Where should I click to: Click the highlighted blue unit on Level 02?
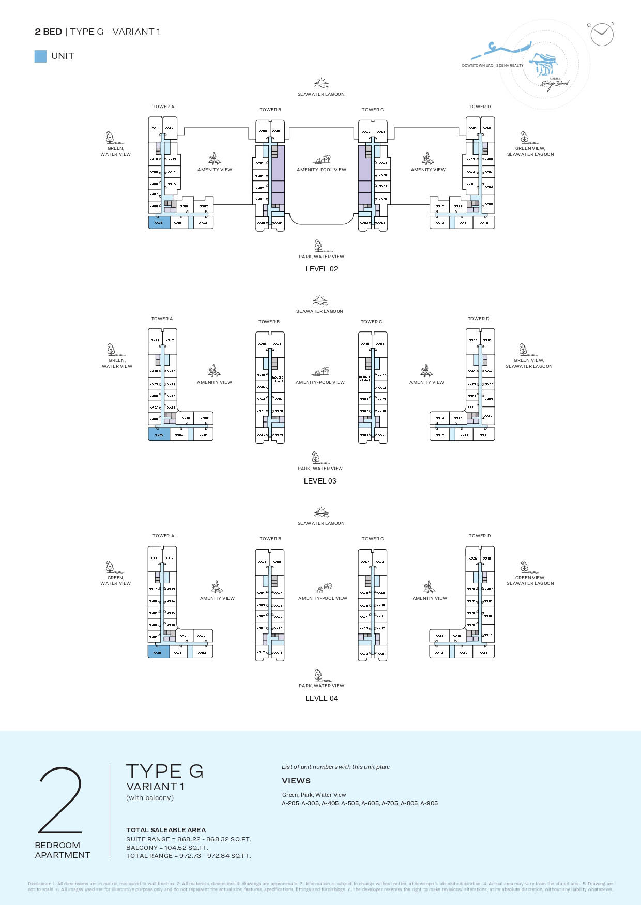pos(159,222)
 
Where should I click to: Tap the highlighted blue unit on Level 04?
pos(158,652)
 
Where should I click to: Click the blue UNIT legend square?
pos(40,56)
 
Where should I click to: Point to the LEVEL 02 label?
pos(322,269)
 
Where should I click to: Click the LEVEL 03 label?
pos(320,481)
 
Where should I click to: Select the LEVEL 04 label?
pos(322,698)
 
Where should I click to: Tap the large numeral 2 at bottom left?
pos(60,800)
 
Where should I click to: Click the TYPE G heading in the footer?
pos(165,771)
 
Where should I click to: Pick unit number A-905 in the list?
pos(429,803)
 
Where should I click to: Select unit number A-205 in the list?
pos(291,803)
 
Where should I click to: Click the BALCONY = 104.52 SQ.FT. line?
pos(167,848)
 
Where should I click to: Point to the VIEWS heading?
pos(296,781)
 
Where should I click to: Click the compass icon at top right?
pos(602,35)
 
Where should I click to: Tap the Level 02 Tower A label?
pos(163,107)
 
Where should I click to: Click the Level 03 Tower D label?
pos(479,319)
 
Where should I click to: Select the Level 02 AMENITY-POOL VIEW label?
pos(322,170)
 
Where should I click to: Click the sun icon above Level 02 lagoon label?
pos(321,83)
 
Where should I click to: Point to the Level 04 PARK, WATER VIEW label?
pos(322,686)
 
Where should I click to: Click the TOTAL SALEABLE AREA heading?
pos(166,830)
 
